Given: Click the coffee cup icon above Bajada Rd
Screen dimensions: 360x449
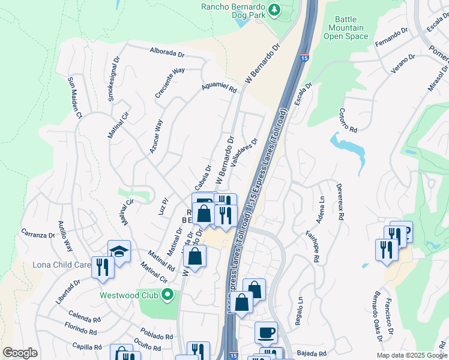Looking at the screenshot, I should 266,332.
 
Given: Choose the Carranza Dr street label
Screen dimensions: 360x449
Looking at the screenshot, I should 38,233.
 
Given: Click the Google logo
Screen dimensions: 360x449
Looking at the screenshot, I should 20,353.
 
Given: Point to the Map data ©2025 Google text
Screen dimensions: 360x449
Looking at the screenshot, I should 411,355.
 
